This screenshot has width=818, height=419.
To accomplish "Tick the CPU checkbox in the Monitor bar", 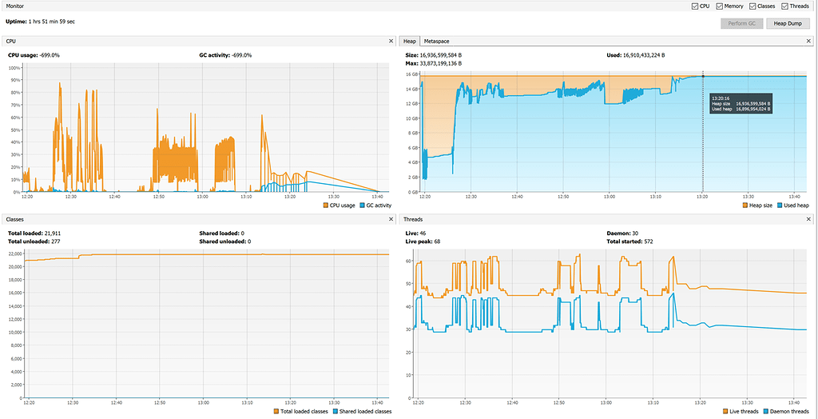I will pos(695,6).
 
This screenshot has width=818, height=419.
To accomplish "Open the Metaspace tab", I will pos(436,41).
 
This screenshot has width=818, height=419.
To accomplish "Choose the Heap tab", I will pos(410,41).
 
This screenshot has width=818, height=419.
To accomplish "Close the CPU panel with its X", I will pos(391,41).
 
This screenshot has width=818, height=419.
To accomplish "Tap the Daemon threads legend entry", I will pos(787,412).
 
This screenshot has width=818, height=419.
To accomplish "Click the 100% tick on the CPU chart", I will pos(15,68).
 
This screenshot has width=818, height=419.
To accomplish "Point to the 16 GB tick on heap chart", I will pos(411,75).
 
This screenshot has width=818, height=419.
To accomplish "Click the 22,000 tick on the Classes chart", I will pos(14,254).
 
